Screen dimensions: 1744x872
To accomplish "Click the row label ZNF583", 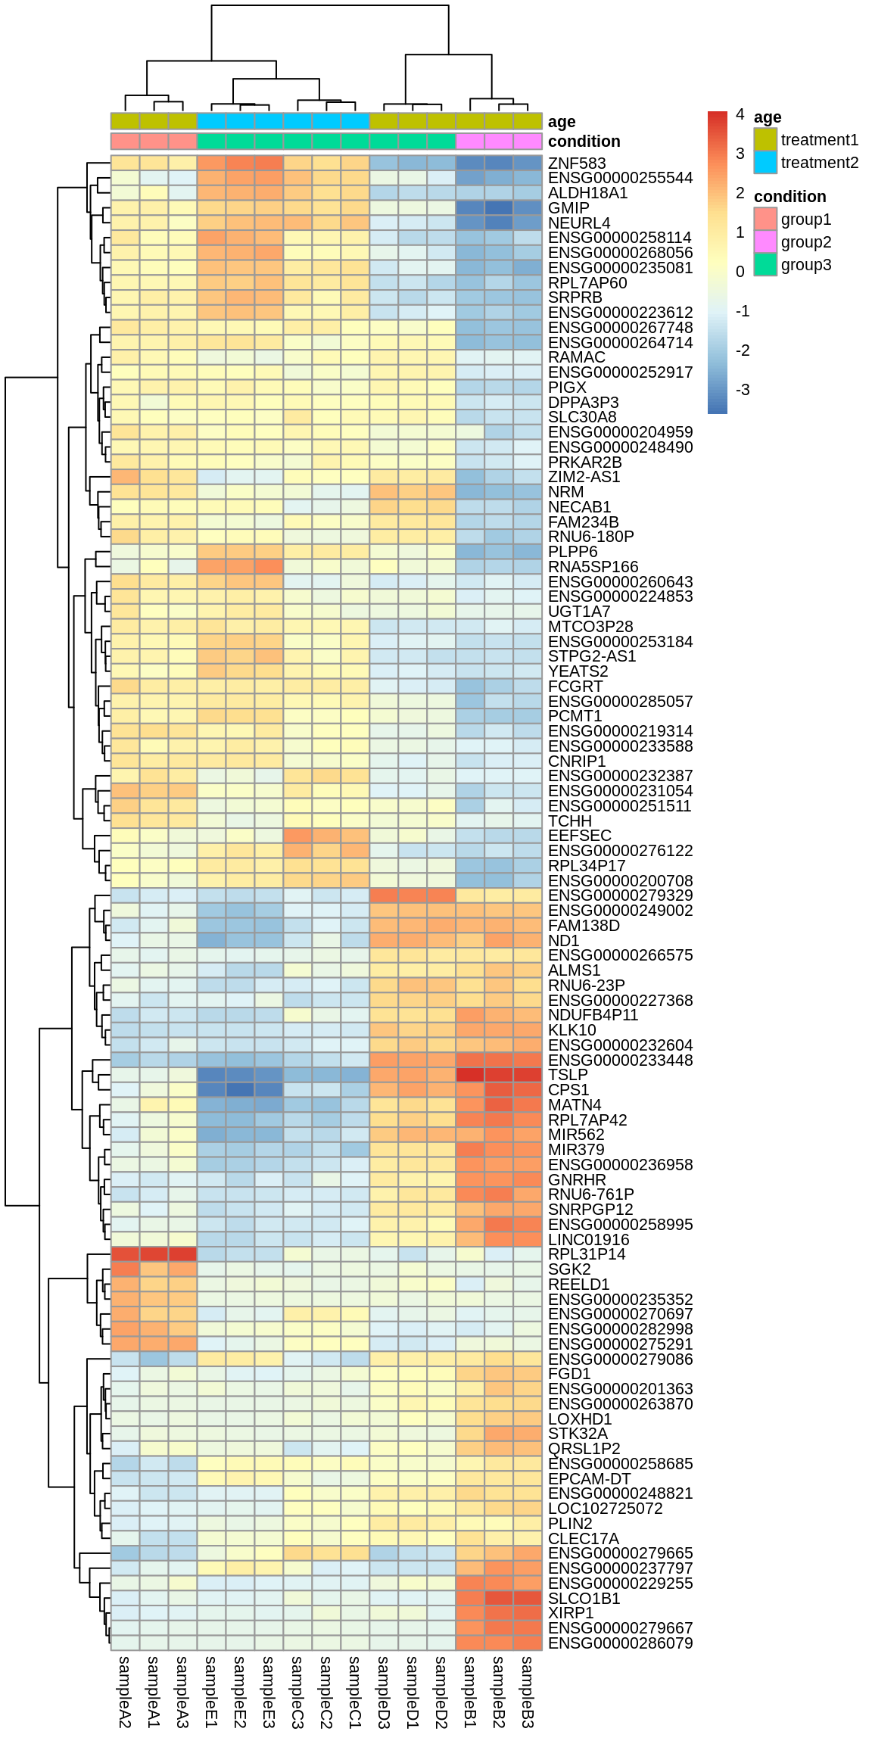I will point(576,163).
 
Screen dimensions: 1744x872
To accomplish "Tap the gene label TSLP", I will point(568,1075).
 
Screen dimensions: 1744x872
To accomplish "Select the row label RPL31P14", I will point(587,1254).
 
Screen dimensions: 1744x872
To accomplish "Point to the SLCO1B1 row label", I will point(584,1598).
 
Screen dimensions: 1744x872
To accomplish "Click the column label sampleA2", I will point(125,1692).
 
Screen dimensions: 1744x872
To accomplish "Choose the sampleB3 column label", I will point(528,1692).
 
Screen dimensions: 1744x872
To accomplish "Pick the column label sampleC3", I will point(297,1692).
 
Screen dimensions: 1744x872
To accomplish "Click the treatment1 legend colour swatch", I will point(765,139).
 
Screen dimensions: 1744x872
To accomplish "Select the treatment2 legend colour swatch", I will point(765,162).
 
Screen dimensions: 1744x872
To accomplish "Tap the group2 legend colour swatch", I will point(765,241).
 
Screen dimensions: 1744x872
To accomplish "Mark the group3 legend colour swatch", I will point(765,264).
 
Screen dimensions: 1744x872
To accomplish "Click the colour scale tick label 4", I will point(740,114).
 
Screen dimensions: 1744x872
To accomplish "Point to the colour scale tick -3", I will point(743,390).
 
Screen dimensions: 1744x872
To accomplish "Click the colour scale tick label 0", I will point(740,272).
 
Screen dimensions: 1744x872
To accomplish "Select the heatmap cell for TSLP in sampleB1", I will point(470,1075).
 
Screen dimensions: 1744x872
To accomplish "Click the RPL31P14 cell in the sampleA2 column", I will point(125,1254).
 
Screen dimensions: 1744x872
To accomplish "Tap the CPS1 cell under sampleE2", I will point(240,1090).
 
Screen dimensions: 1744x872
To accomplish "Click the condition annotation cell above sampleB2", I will point(499,142).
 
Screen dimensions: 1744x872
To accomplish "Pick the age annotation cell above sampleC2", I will point(326,121).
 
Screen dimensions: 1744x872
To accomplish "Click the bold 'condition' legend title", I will point(789,197).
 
